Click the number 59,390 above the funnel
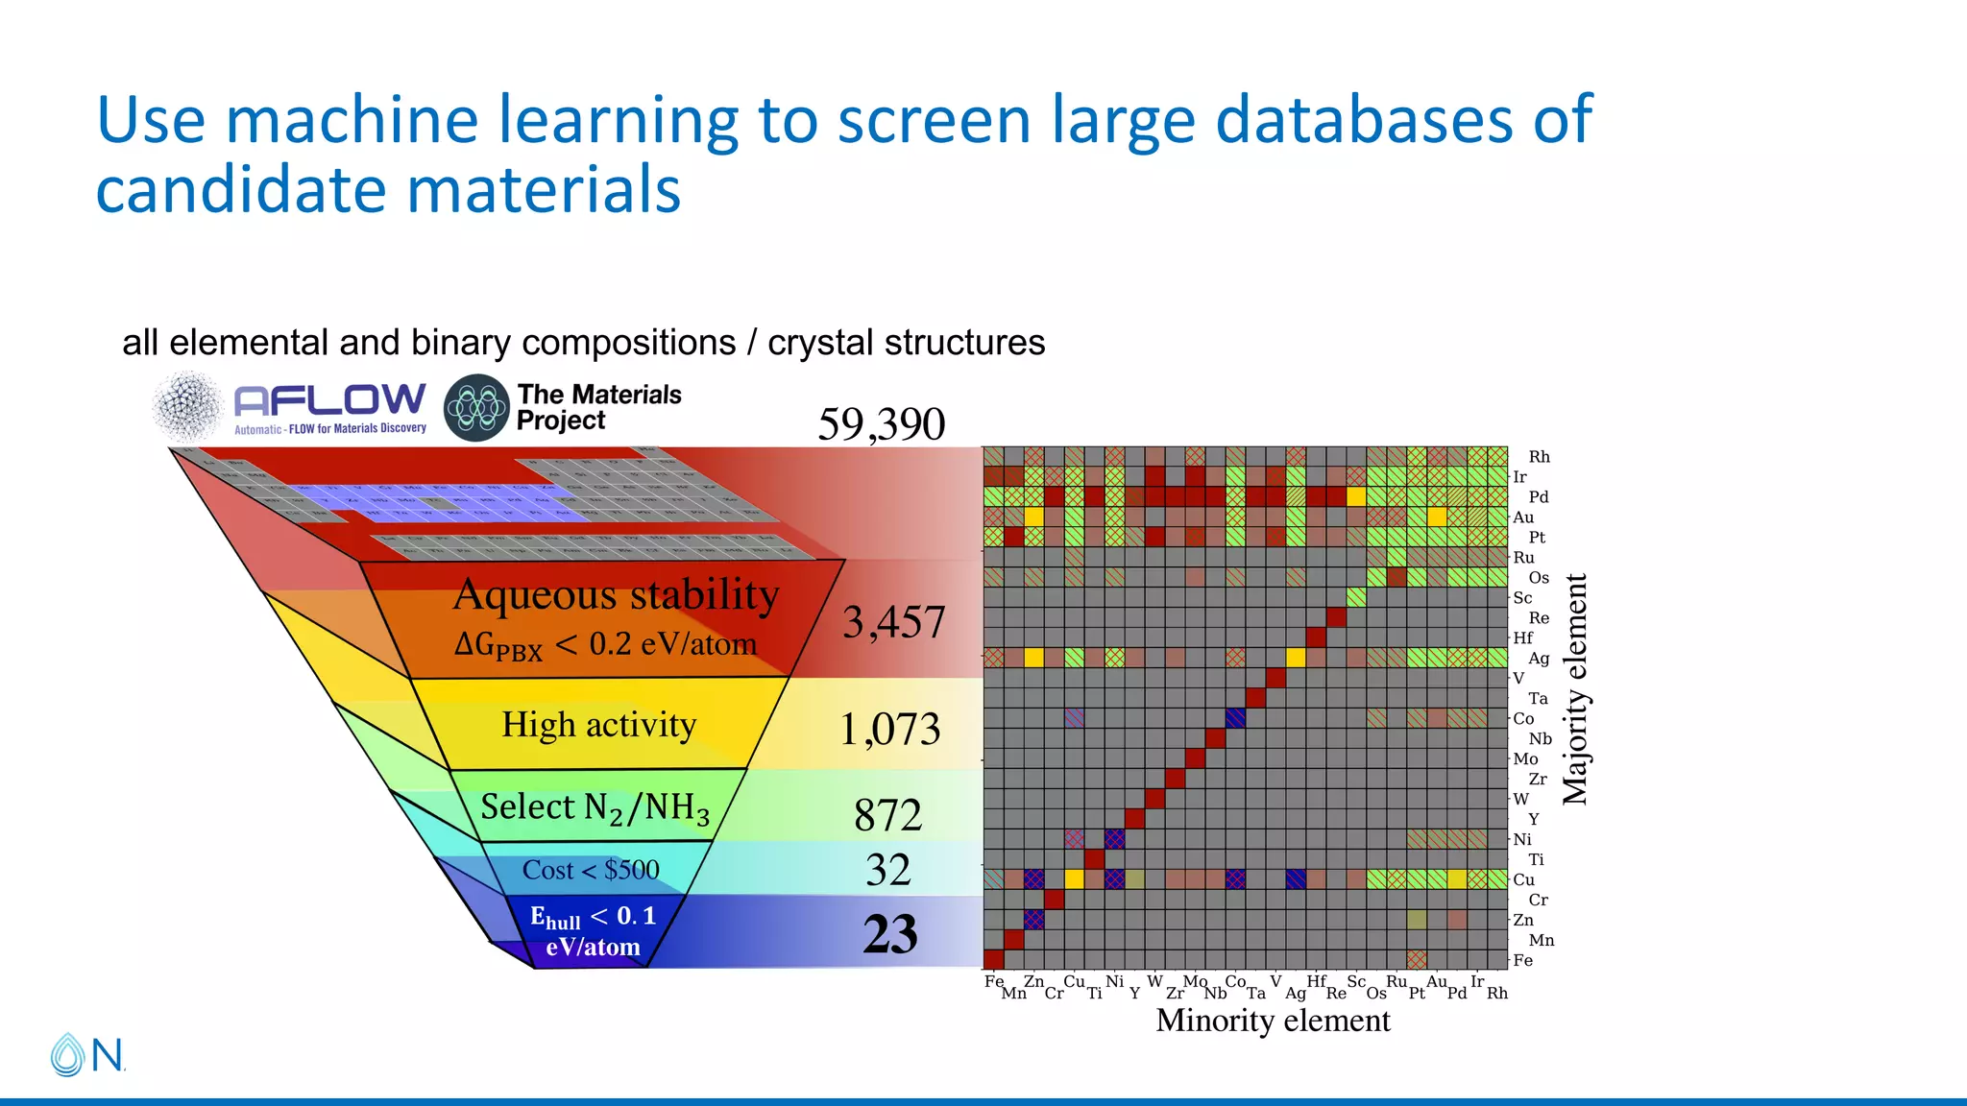(881, 423)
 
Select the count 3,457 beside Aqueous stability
(893, 621)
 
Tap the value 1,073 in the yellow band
(889, 729)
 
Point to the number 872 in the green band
(887, 815)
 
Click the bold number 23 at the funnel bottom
(890, 933)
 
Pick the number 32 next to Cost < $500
(887, 870)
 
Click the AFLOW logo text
(329, 400)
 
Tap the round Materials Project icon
(475, 408)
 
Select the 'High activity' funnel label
(598, 725)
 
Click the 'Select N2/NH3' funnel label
(595, 807)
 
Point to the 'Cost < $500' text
(591, 870)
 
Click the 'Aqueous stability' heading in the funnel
(616, 594)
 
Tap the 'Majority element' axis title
(1574, 688)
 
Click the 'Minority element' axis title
(1273, 1020)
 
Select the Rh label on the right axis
(1539, 457)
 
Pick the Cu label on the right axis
(1523, 879)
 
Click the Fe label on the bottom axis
(993, 981)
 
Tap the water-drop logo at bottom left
(67, 1054)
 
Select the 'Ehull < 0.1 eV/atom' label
(593, 931)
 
